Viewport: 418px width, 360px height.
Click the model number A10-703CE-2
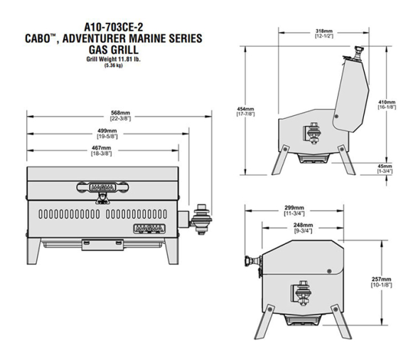tap(114, 27)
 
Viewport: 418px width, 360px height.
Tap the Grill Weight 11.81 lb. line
tap(113, 59)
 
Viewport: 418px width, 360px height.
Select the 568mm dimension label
tap(121, 113)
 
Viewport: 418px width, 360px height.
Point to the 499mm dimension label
tap(107, 131)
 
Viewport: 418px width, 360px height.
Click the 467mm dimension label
tap(101, 148)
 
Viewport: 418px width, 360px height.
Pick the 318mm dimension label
tap(324, 31)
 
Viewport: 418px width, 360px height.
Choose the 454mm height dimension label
tap(245, 109)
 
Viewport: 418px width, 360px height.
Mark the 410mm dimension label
tap(387, 102)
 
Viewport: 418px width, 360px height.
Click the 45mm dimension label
tap(385, 166)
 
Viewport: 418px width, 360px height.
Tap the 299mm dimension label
tap(294, 208)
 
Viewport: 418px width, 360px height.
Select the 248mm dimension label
tap(303, 226)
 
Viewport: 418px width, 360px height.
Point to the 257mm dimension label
tap(382, 280)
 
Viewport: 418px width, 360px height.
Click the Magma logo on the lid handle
tap(102, 187)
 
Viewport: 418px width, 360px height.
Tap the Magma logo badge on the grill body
tap(149, 228)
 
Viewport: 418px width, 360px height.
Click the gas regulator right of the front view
tap(201, 219)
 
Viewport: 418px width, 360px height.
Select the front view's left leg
tap(33, 251)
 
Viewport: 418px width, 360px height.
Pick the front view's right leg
tap(172, 251)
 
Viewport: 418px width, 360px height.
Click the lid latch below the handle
tap(102, 198)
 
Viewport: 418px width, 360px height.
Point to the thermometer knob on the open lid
tap(358, 53)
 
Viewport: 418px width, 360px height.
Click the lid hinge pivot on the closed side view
tap(329, 271)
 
